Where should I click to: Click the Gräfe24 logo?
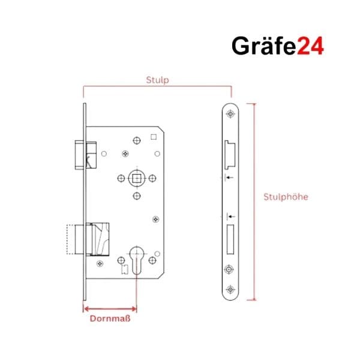pyautogui.click(x=278, y=46)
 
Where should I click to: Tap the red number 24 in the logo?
pyautogui.click(x=310, y=46)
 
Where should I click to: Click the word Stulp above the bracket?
pyautogui.click(x=157, y=80)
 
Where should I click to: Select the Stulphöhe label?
pyautogui.click(x=286, y=197)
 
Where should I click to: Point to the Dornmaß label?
pyautogui.click(x=110, y=319)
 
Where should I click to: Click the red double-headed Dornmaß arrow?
pyautogui.click(x=110, y=308)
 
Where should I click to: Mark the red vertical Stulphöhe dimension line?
pyautogui.click(x=254, y=202)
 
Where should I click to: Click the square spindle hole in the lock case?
pyautogui.click(x=137, y=178)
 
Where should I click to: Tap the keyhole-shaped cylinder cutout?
pyautogui.click(x=137, y=260)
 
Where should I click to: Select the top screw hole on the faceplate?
pyautogui.click(x=230, y=114)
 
